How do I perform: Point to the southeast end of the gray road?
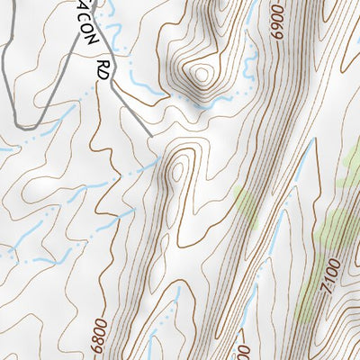[149, 137]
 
